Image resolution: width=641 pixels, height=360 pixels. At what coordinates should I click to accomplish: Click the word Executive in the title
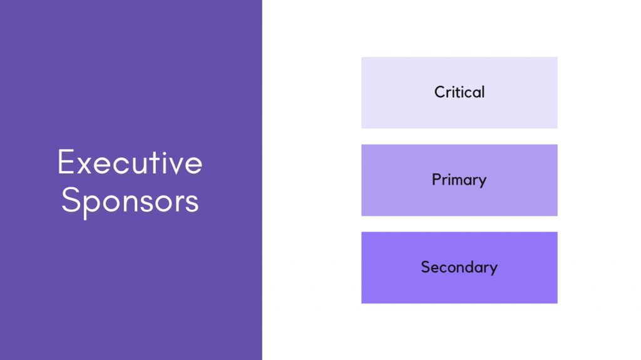130,163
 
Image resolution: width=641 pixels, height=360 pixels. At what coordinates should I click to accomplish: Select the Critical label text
459,93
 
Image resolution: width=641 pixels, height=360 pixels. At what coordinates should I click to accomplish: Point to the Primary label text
459,180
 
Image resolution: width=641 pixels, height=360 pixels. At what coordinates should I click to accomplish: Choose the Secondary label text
459,268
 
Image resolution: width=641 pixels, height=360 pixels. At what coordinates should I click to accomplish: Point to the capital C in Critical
440,93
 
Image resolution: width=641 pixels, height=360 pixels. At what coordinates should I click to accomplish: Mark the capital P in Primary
436,180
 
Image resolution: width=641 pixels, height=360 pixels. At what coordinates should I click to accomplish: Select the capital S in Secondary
426,267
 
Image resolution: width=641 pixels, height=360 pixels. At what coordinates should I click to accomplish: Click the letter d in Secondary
471,267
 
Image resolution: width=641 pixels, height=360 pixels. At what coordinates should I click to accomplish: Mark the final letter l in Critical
482,92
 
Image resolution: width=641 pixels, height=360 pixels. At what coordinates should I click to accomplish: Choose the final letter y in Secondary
493,269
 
